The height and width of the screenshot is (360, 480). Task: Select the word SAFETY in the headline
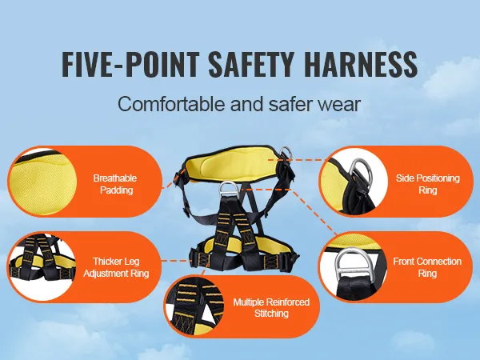click(252, 64)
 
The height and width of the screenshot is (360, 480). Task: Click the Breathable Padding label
click(116, 184)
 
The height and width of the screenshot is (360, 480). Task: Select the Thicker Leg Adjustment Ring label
click(116, 267)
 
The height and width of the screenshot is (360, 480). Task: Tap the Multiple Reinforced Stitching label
click(271, 308)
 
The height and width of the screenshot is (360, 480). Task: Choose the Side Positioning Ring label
click(428, 184)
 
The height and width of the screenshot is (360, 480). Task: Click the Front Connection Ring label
click(427, 267)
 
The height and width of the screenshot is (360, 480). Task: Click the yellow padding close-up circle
click(43, 182)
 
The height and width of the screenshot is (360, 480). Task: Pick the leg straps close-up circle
click(42, 266)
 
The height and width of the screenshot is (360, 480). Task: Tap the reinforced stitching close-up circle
click(194, 306)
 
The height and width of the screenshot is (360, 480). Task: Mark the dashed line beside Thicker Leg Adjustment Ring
click(176, 261)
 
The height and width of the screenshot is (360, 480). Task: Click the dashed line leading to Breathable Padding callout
click(174, 178)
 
